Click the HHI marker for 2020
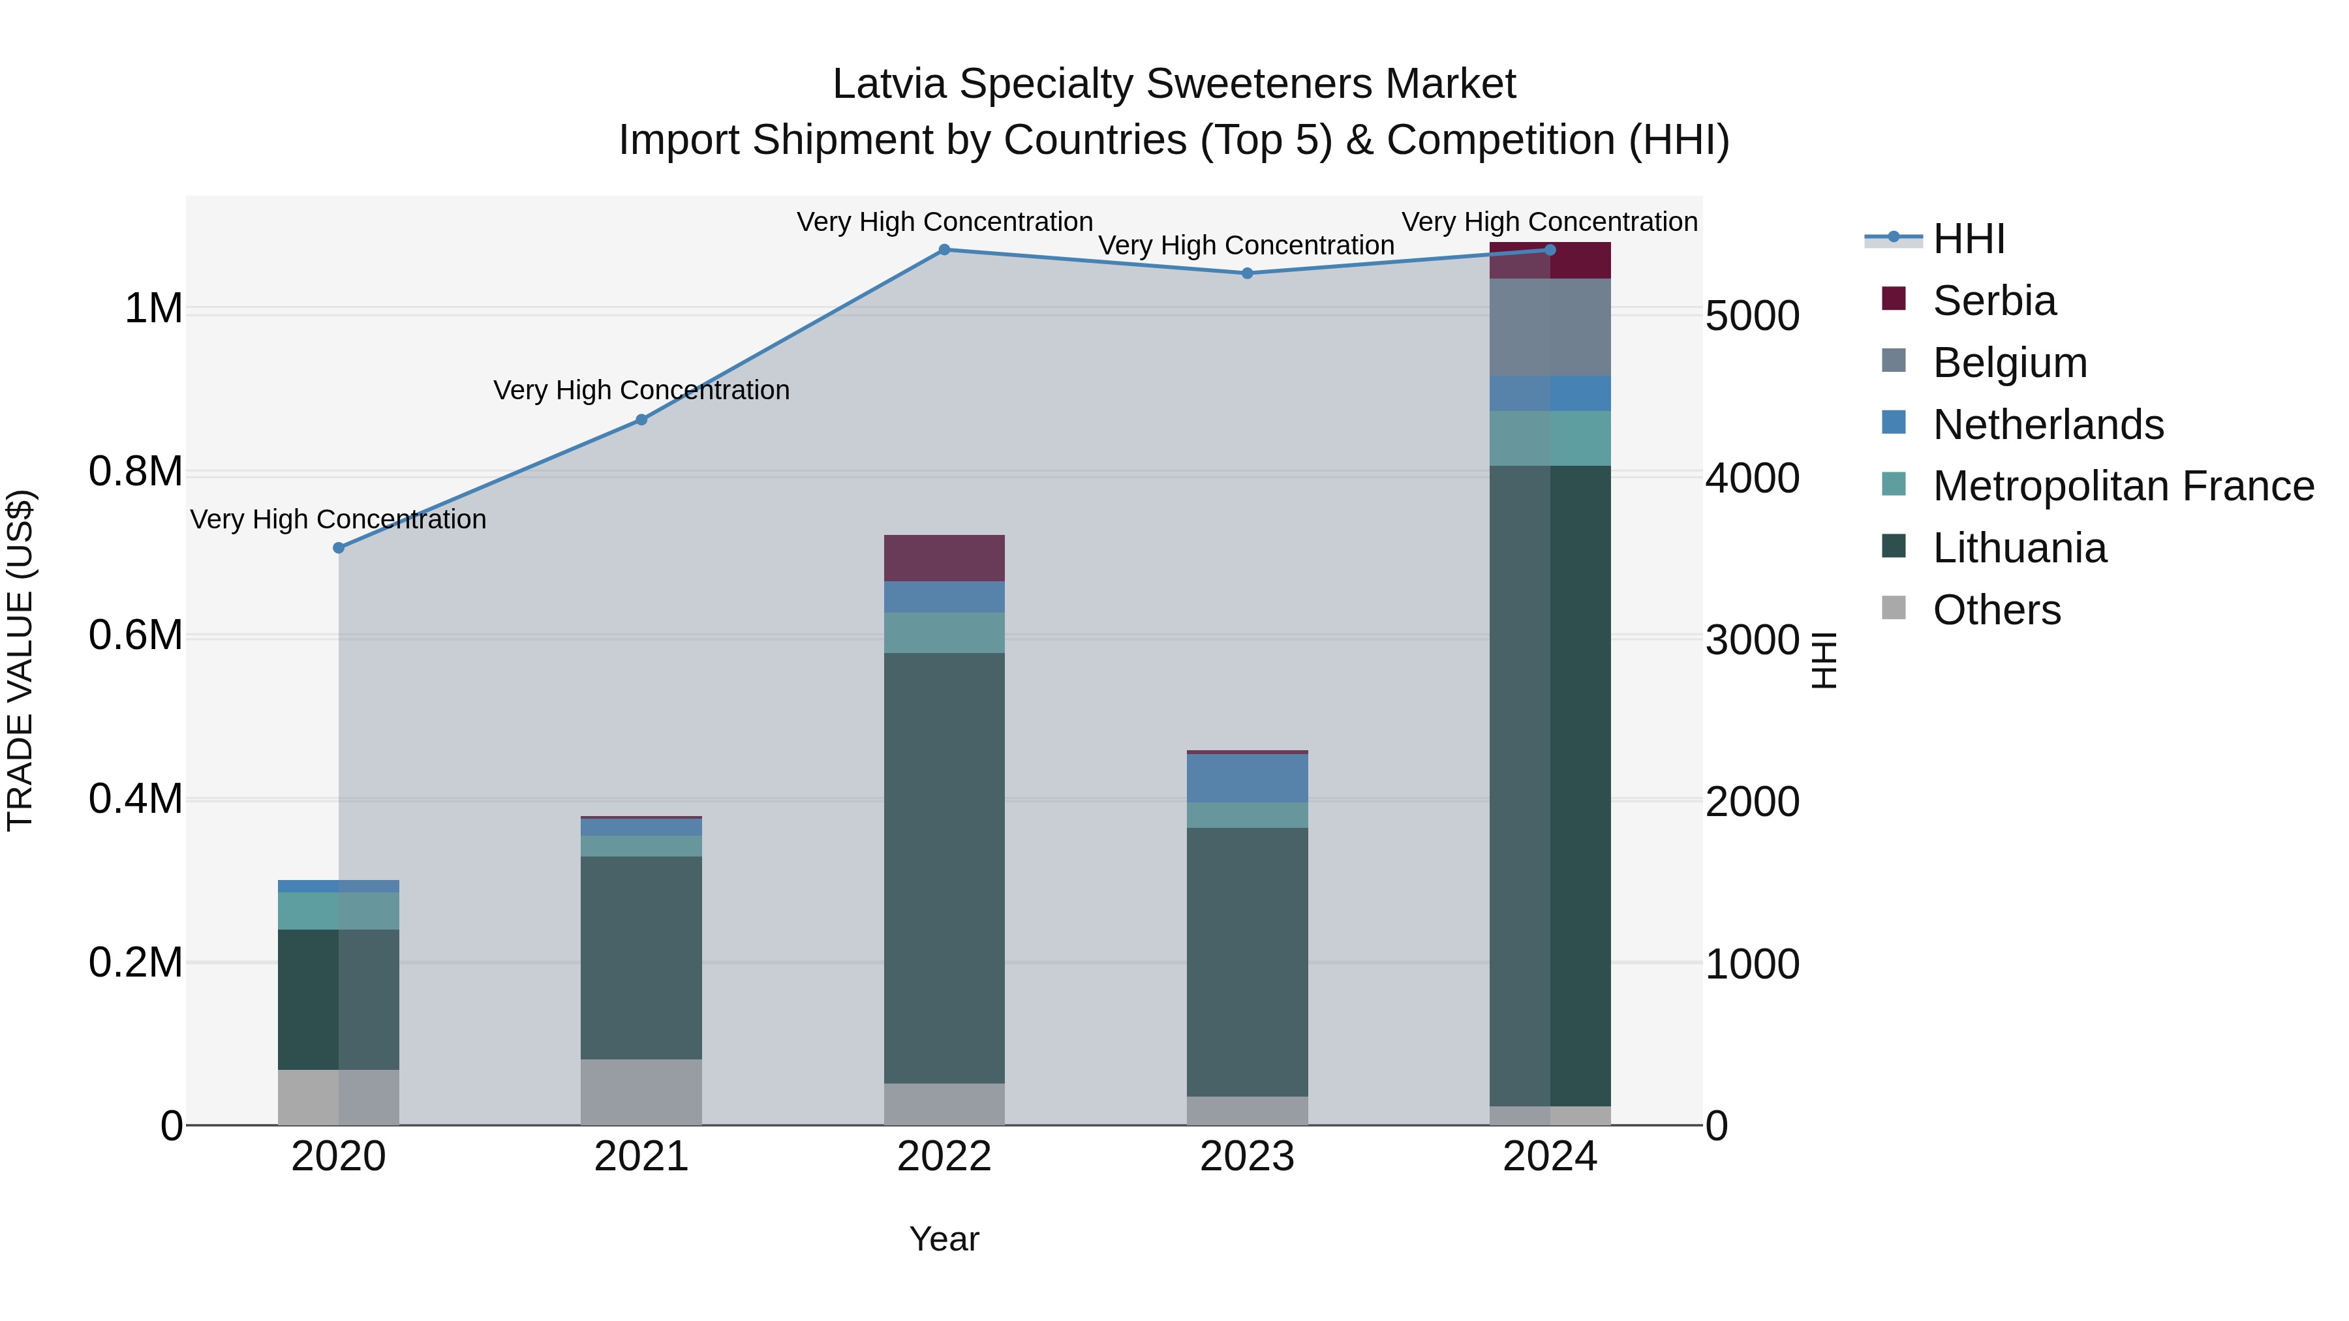click(x=338, y=548)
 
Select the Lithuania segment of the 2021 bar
click(x=641, y=957)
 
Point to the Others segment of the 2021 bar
click(x=641, y=1091)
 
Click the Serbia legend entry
click(x=1993, y=301)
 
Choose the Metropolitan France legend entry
click(x=2122, y=486)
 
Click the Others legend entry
click(x=1996, y=610)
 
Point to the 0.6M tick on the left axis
click(x=136, y=635)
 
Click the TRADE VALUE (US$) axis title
click(x=20, y=660)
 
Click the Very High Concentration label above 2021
click(x=641, y=390)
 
